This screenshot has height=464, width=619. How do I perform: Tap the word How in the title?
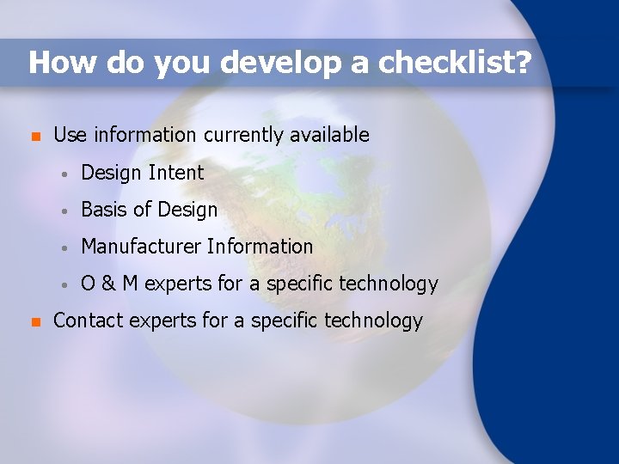[56, 63]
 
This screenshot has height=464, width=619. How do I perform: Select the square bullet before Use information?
[35, 136]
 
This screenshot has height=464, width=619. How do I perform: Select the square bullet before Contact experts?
[35, 322]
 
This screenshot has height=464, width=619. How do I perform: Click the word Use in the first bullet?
[70, 135]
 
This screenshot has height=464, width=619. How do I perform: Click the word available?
[330, 135]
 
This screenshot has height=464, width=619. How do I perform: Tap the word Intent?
[176, 173]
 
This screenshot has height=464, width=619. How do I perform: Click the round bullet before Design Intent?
[64, 174]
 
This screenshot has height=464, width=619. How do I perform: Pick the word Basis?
[102, 210]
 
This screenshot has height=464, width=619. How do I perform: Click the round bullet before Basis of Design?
[64, 211]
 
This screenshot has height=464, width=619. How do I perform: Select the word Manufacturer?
[141, 247]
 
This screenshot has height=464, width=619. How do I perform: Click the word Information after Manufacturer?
[260, 247]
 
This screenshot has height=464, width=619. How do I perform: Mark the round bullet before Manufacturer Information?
[64, 247]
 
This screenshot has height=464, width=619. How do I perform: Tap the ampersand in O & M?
[109, 284]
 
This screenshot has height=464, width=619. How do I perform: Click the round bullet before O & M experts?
[64, 284]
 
